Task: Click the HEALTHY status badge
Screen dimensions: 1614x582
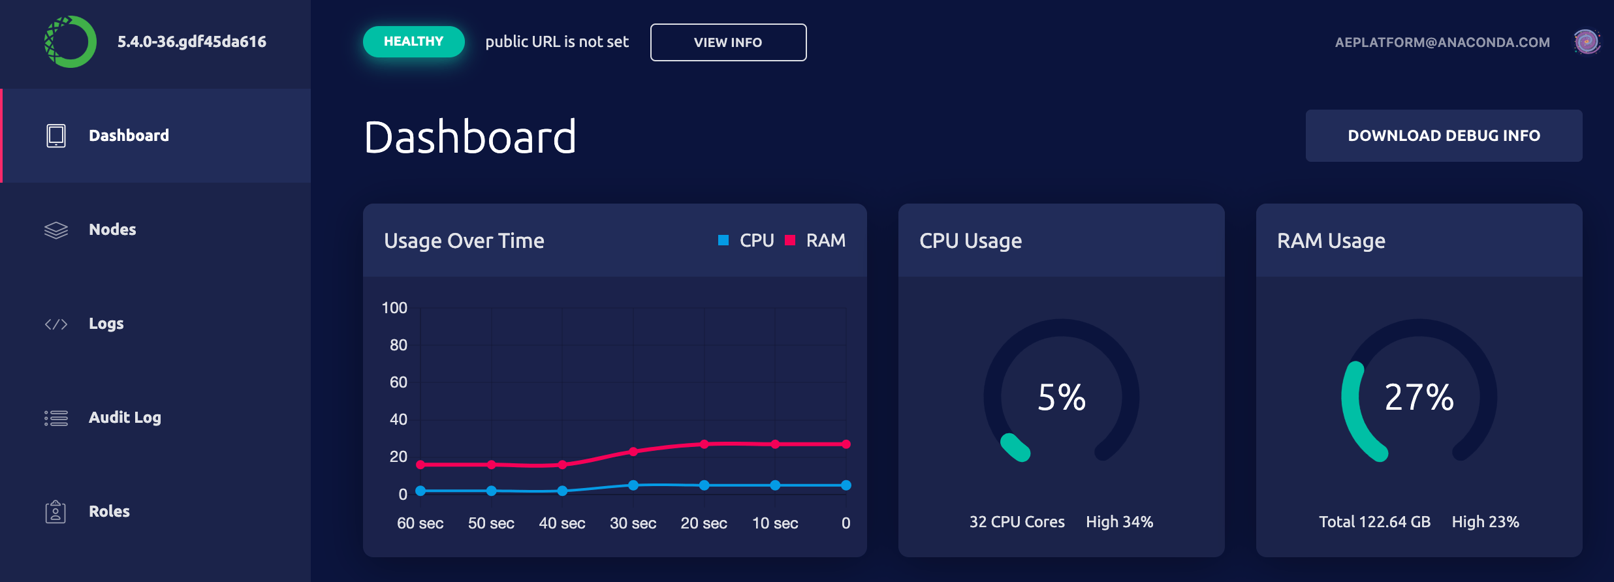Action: pyautogui.click(x=413, y=42)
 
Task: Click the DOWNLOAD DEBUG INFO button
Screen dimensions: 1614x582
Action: pyautogui.click(x=1444, y=136)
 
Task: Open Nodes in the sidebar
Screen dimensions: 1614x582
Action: pyautogui.click(x=112, y=230)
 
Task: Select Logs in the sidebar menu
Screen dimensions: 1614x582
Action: pyautogui.click(x=106, y=324)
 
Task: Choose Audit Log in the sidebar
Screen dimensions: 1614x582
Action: pyautogui.click(x=124, y=418)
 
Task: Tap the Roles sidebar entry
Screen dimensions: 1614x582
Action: pyautogui.click(x=109, y=512)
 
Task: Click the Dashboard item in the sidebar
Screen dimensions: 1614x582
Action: pyautogui.click(x=129, y=136)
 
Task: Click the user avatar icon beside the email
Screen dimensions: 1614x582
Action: pyautogui.click(x=1587, y=42)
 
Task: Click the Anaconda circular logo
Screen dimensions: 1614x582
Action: pyautogui.click(x=70, y=42)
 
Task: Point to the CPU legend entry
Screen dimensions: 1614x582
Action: pyautogui.click(x=746, y=241)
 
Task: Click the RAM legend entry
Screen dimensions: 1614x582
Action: pyautogui.click(x=815, y=241)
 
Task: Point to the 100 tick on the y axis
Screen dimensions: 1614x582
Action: pyautogui.click(x=394, y=308)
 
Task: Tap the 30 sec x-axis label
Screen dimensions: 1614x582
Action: pyautogui.click(x=633, y=523)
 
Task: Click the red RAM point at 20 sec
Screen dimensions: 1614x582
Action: pyautogui.click(x=704, y=444)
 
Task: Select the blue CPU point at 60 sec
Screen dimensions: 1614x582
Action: pyautogui.click(x=420, y=491)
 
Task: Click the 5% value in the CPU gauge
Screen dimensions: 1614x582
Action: pyautogui.click(x=1062, y=397)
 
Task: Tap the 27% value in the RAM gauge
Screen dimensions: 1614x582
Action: pyautogui.click(x=1419, y=397)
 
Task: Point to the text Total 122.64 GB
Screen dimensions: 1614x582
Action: pyautogui.click(x=1374, y=522)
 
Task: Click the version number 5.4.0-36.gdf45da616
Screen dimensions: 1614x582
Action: pyautogui.click(x=192, y=42)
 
